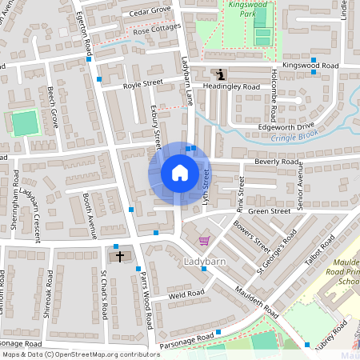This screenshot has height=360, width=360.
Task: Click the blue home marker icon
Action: pyautogui.click(x=179, y=173)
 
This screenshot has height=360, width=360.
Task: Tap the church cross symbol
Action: pyautogui.click(x=121, y=257)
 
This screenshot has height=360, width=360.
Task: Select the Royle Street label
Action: pyautogui.click(x=142, y=83)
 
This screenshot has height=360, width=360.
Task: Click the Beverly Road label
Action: pyautogui.click(x=277, y=162)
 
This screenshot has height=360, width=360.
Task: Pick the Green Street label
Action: pyautogui.click(x=269, y=212)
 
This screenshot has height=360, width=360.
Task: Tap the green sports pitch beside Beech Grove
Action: pyautogui.click(x=25, y=123)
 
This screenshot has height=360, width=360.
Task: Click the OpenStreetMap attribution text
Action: pyautogui.click(x=80, y=354)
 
